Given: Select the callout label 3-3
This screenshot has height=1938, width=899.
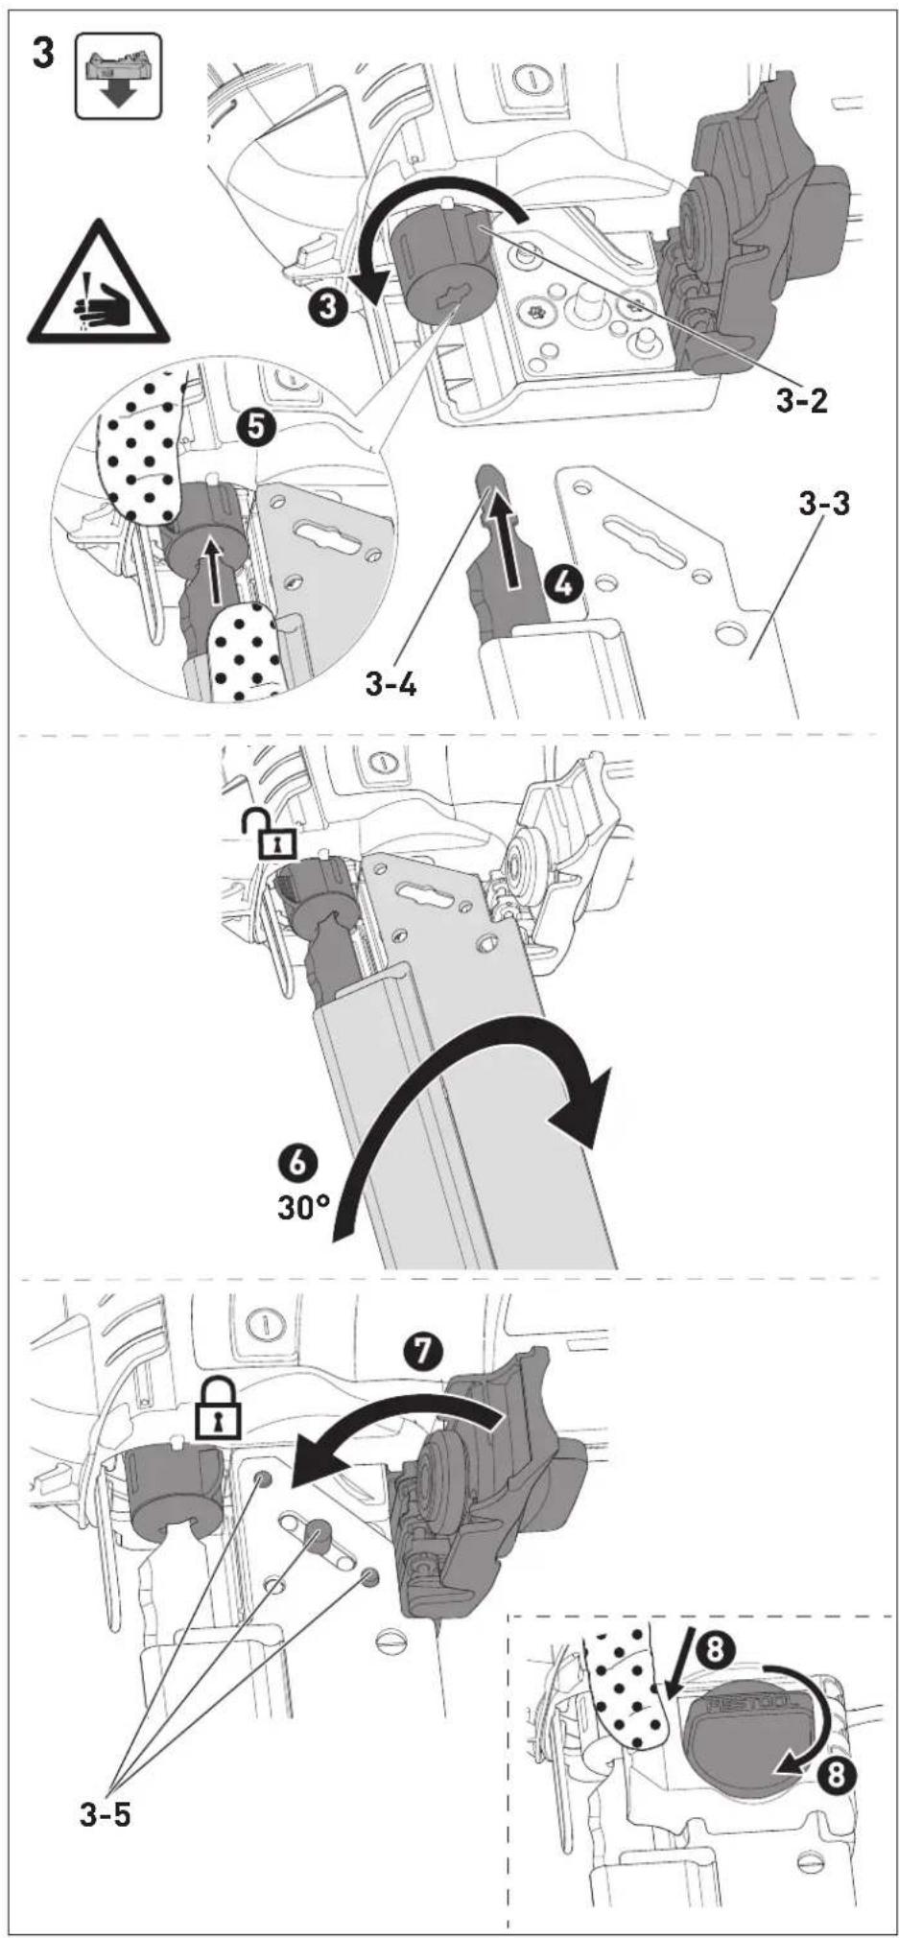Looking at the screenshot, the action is click(x=824, y=503).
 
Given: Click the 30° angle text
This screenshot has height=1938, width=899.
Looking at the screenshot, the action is click(x=302, y=1207).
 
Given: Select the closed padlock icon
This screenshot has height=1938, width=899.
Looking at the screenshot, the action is click(x=217, y=1407).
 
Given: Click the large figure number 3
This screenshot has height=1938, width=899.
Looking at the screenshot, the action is click(x=44, y=54).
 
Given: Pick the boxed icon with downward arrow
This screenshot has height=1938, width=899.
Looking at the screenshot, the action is click(x=118, y=76).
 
